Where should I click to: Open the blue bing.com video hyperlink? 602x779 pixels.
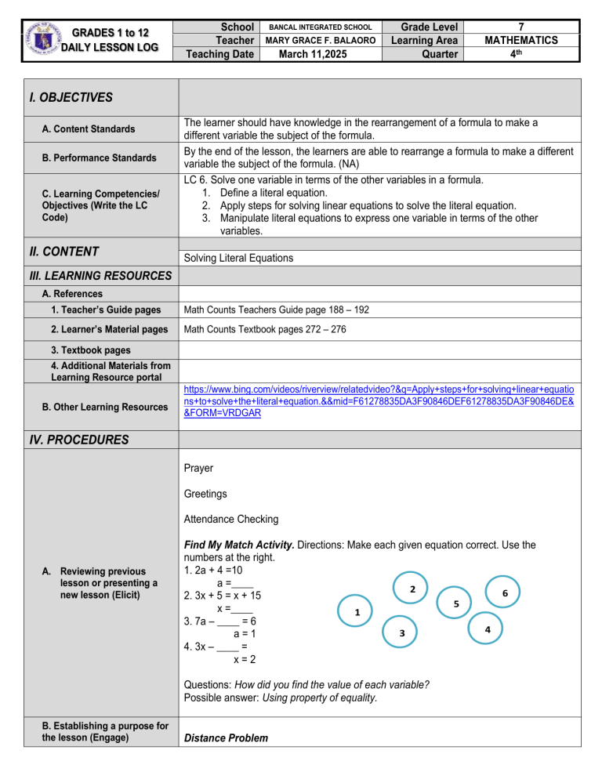(379, 400)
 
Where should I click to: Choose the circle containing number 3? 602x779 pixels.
(401, 632)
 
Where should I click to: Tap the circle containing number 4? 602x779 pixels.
(488, 629)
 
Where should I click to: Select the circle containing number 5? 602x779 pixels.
(456, 603)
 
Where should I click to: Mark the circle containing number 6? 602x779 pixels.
(506, 593)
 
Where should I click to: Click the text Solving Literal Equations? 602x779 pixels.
(241, 258)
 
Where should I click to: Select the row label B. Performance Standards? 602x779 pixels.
(100, 158)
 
